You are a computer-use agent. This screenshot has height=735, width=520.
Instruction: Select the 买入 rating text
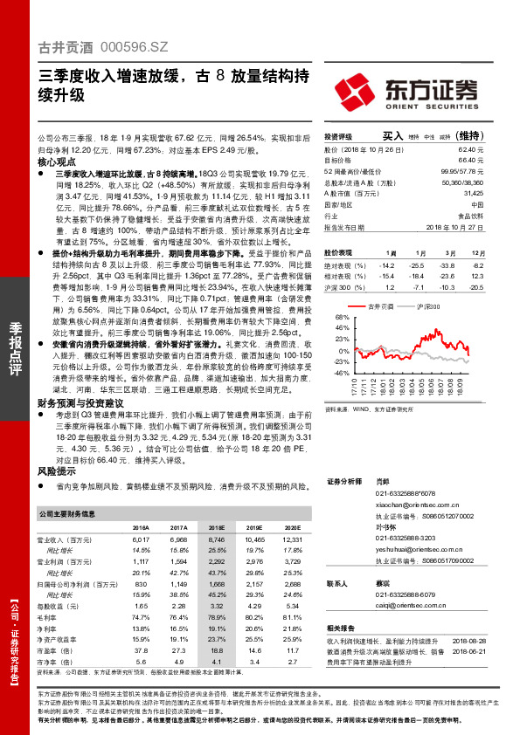[392, 136]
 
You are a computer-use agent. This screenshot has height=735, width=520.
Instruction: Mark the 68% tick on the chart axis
[333, 319]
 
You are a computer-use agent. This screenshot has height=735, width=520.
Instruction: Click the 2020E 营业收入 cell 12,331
[291, 542]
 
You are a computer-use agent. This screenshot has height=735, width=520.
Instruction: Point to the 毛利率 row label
[50, 617]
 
